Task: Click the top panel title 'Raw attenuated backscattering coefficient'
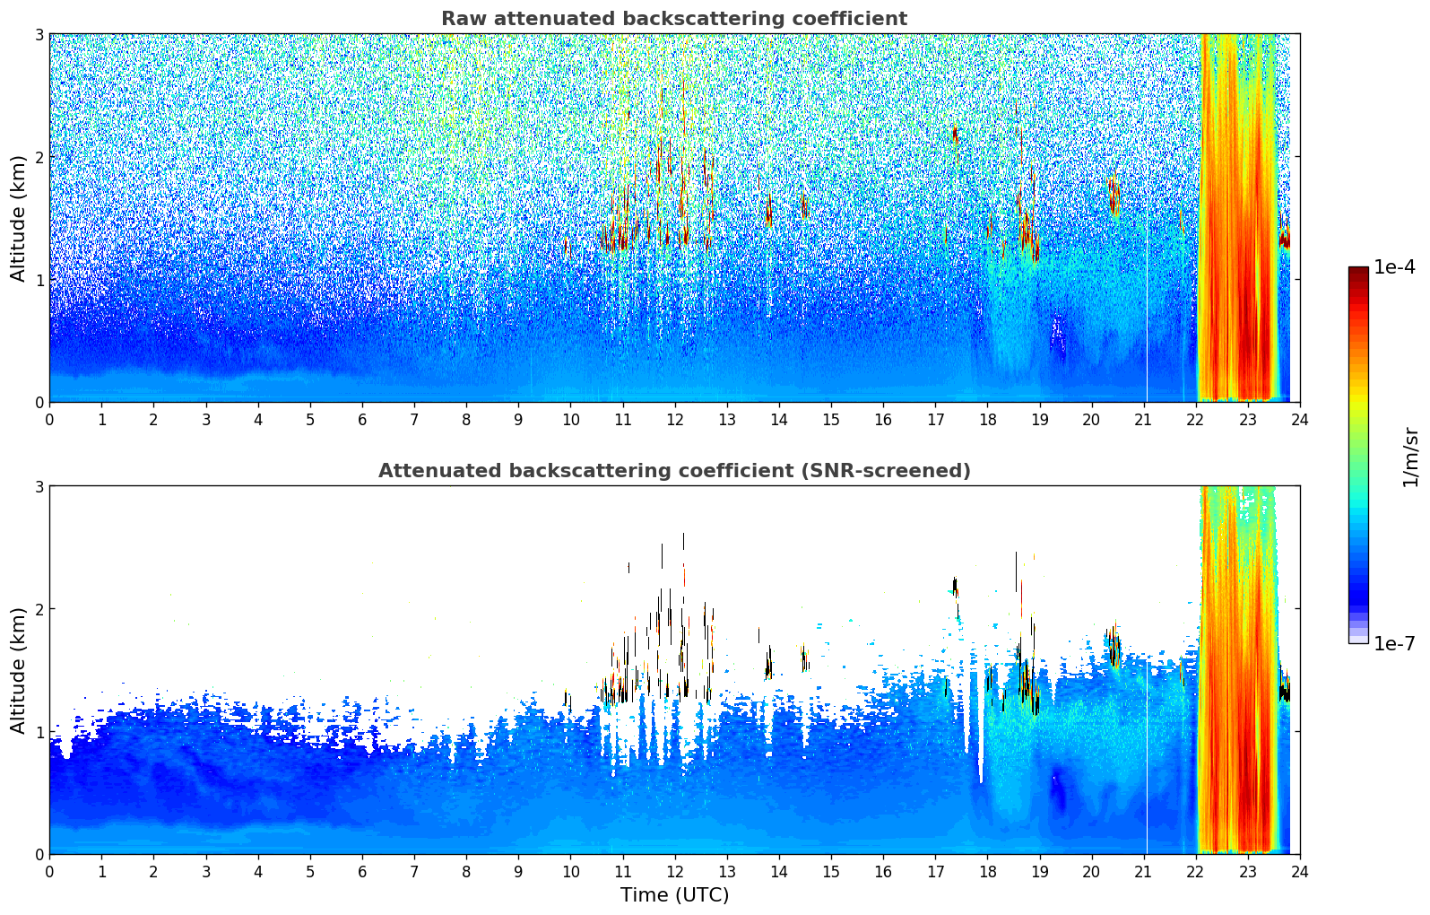pos(674,19)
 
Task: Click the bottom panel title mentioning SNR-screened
pos(674,471)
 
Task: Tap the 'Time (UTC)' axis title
pos(674,895)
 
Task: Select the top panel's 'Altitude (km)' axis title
pos(18,219)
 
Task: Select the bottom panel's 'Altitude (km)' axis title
pos(18,670)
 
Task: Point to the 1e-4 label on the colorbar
pos(1394,267)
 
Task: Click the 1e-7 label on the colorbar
pos(1394,643)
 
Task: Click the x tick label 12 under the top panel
pos(675,420)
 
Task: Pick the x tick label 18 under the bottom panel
pos(988,872)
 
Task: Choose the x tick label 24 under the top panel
pos(1300,420)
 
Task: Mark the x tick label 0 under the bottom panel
pos(50,872)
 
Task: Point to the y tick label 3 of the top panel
pos(39,34)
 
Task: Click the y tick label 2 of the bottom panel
pos(39,609)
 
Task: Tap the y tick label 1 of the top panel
pos(39,280)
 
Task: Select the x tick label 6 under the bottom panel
pos(362,872)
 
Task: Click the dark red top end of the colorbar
pos(1358,270)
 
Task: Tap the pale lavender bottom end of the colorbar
pos(1358,640)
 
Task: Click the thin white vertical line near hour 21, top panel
pos(1148,312)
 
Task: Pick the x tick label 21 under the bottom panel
pos(1143,872)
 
